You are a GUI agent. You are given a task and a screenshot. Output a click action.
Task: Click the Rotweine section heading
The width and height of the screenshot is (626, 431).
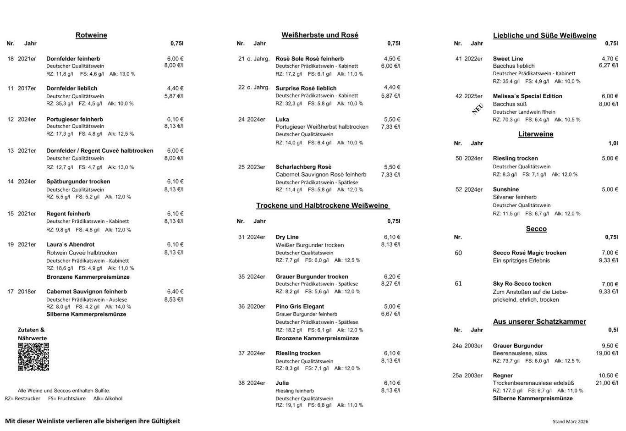(x=91, y=35)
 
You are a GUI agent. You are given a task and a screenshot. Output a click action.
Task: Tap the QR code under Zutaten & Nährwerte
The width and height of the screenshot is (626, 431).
(x=33, y=357)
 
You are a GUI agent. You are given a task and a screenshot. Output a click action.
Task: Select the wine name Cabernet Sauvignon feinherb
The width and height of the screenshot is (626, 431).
(x=87, y=292)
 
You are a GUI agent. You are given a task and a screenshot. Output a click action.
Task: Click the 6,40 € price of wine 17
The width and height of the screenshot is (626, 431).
(x=175, y=292)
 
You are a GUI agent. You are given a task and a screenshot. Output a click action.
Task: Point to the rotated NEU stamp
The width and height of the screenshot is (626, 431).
(x=478, y=109)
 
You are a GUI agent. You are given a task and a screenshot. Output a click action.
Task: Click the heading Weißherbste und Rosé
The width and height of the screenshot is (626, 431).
(x=320, y=35)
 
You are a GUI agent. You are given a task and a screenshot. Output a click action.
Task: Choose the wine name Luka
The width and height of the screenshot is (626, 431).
(x=282, y=120)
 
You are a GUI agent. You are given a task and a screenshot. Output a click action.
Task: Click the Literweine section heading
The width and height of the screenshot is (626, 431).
(x=536, y=134)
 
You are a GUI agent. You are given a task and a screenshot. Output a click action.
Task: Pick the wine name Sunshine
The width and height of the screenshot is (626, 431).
(x=506, y=189)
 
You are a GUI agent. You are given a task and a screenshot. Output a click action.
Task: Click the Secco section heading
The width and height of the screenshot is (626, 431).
(x=536, y=229)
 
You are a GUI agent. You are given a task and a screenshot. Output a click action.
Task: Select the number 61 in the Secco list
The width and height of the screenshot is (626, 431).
(x=458, y=284)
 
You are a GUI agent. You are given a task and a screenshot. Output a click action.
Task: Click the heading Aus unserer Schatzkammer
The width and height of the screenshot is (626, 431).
(x=539, y=322)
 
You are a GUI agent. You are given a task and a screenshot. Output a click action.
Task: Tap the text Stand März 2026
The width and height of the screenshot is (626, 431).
(x=570, y=421)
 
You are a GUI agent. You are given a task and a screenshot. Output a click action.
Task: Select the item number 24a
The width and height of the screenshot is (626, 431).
(x=457, y=346)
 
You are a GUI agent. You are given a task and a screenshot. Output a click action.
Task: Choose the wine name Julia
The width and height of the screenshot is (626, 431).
(x=282, y=383)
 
